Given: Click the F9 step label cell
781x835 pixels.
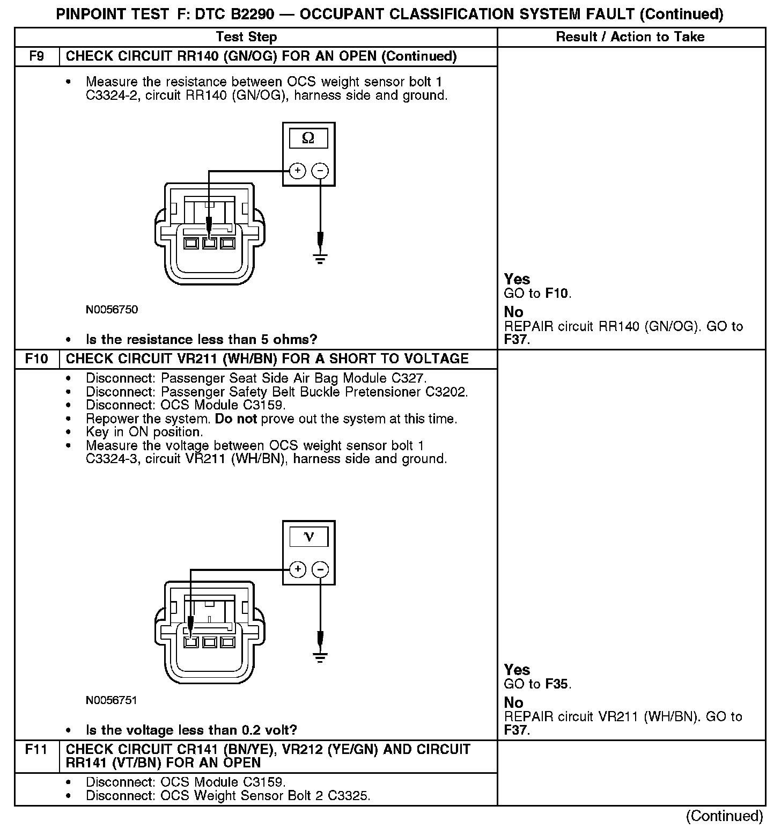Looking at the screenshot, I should pos(36,56).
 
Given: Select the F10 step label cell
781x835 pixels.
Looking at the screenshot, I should pos(36,358).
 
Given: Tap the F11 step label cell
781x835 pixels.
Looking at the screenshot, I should pos(36,749).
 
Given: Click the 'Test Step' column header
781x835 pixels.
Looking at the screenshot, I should pos(246,37).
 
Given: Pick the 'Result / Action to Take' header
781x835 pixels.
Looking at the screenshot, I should pos(630,37).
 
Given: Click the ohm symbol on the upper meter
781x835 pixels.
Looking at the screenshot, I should pos(308,138).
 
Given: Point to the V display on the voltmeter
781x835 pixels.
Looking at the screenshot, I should pos(308,537).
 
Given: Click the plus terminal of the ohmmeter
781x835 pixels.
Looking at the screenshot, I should pos(297,171).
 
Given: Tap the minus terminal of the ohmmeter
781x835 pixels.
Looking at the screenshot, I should pos(320,171).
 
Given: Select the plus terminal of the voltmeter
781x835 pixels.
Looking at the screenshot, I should pos(297,569).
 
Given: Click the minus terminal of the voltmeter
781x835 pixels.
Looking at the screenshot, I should pos(320,569).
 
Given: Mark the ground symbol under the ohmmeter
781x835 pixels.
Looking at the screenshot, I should pos(320,260).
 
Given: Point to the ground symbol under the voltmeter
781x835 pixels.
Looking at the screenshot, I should pos(320,657).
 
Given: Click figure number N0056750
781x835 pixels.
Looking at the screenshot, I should pos(112,310).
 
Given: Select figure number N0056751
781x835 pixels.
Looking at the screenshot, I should pos(112,700).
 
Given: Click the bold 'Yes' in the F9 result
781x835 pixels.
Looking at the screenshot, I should pos(517,279).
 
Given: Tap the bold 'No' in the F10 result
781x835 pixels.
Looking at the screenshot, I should pos(513,702).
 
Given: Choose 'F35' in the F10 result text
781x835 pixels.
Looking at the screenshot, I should pos(557,684).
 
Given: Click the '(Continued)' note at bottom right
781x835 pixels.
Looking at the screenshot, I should pos(724,816).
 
